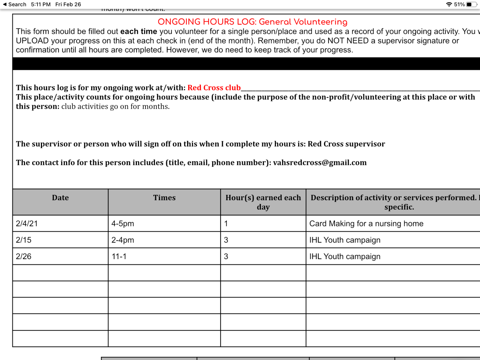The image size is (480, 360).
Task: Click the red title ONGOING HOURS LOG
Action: (x=252, y=22)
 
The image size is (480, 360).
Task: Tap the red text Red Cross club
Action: (x=214, y=88)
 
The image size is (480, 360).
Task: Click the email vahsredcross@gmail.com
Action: (x=319, y=163)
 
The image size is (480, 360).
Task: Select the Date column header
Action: (x=60, y=198)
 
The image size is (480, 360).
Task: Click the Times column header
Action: (x=164, y=198)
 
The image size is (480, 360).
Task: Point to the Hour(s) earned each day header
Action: (x=263, y=202)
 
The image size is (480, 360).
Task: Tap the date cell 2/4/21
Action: (x=27, y=224)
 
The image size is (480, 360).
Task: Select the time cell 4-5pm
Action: (x=123, y=224)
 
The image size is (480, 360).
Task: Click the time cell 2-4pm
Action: (x=123, y=240)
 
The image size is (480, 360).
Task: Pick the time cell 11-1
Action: (x=119, y=257)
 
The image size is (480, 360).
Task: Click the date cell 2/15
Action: (x=24, y=240)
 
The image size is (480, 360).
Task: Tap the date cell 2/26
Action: (x=24, y=257)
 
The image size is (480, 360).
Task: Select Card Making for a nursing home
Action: (x=366, y=224)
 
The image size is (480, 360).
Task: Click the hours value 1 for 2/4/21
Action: (x=226, y=224)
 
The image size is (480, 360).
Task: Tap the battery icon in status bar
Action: (x=471, y=4)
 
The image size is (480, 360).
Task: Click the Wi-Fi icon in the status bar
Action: (x=449, y=4)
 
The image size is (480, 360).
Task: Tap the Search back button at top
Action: (x=15, y=4)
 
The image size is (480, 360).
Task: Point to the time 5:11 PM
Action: (x=40, y=4)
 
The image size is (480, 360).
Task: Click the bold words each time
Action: (x=139, y=31)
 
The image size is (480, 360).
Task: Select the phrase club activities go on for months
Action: (x=115, y=106)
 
